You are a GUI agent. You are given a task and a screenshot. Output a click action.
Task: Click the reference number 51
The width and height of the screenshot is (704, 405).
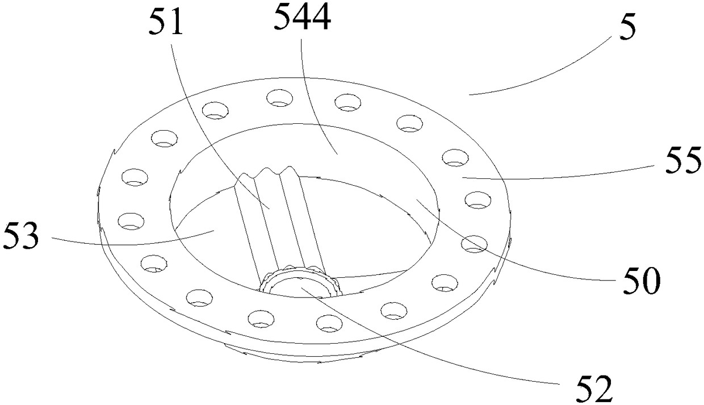[x=165, y=22]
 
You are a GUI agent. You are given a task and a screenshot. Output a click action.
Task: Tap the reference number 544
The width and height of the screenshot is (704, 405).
[x=302, y=17]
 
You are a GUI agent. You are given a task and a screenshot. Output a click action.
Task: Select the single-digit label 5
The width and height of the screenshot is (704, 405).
[x=627, y=27]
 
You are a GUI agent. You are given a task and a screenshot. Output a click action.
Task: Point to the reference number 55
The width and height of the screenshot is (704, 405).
[x=682, y=161]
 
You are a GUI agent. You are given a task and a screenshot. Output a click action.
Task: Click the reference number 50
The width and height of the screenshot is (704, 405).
[x=642, y=281]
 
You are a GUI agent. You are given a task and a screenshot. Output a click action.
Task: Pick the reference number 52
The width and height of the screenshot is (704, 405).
[x=594, y=389]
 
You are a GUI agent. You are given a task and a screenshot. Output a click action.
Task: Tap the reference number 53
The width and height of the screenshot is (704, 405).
[x=21, y=235]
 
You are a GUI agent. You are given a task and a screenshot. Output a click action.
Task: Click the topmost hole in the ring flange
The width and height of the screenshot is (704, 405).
[x=279, y=98]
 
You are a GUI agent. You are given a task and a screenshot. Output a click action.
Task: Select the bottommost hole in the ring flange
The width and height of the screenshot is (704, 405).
[x=329, y=324]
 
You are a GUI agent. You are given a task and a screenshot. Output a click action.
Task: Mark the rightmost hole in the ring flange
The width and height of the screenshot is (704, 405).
[x=477, y=200]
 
